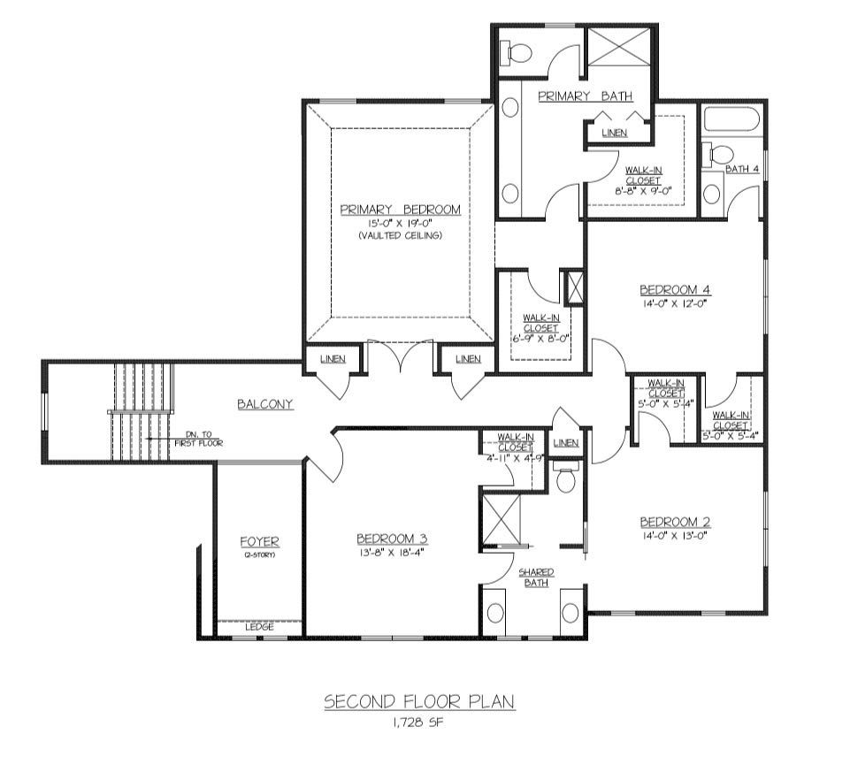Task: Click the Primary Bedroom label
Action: [x=400, y=210]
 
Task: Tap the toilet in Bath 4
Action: [x=717, y=155]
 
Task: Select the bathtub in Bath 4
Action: [x=731, y=119]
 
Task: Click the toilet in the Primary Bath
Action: [x=517, y=53]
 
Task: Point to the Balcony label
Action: [x=265, y=404]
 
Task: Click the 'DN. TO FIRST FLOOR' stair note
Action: [x=198, y=439]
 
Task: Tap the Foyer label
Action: [x=260, y=541]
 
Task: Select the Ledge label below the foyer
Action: [x=260, y=627]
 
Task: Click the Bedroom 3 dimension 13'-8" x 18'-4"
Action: [x=391, y=554]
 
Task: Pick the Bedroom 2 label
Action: [x=675, y=523]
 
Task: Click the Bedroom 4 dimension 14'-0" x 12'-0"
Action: [x=676, y=304]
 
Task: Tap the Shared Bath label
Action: [x=536, y=577]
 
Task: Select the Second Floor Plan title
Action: [x=419, y=702]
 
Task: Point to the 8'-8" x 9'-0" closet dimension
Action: [x=643, y=190]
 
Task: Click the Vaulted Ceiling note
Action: [x=400, y=236]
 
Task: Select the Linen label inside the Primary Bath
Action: [x=615, y=133]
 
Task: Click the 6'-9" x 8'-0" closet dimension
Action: [x=540, y=340]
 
